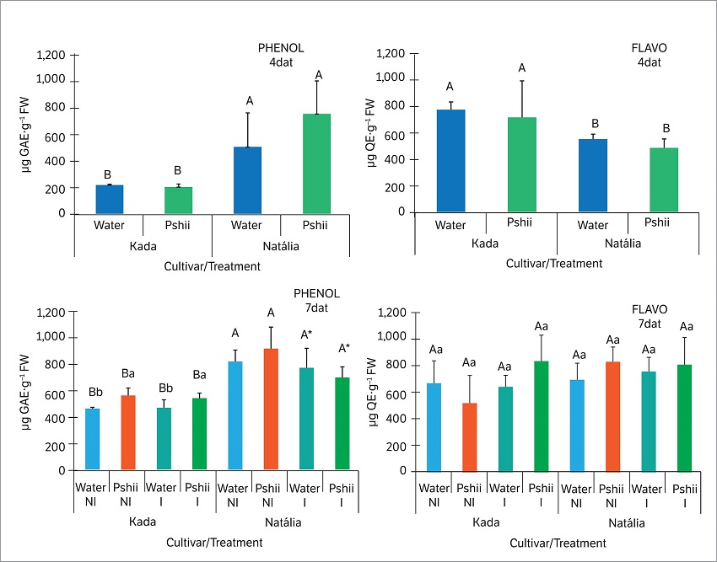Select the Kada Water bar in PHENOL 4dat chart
click(109, 200)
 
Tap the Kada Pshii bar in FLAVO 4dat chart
click(522, 164)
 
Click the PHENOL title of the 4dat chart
click(281, 47)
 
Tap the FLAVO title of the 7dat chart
click(649, 308)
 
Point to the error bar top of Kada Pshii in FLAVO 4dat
click(522, 81)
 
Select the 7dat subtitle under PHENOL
click(316, 308)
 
